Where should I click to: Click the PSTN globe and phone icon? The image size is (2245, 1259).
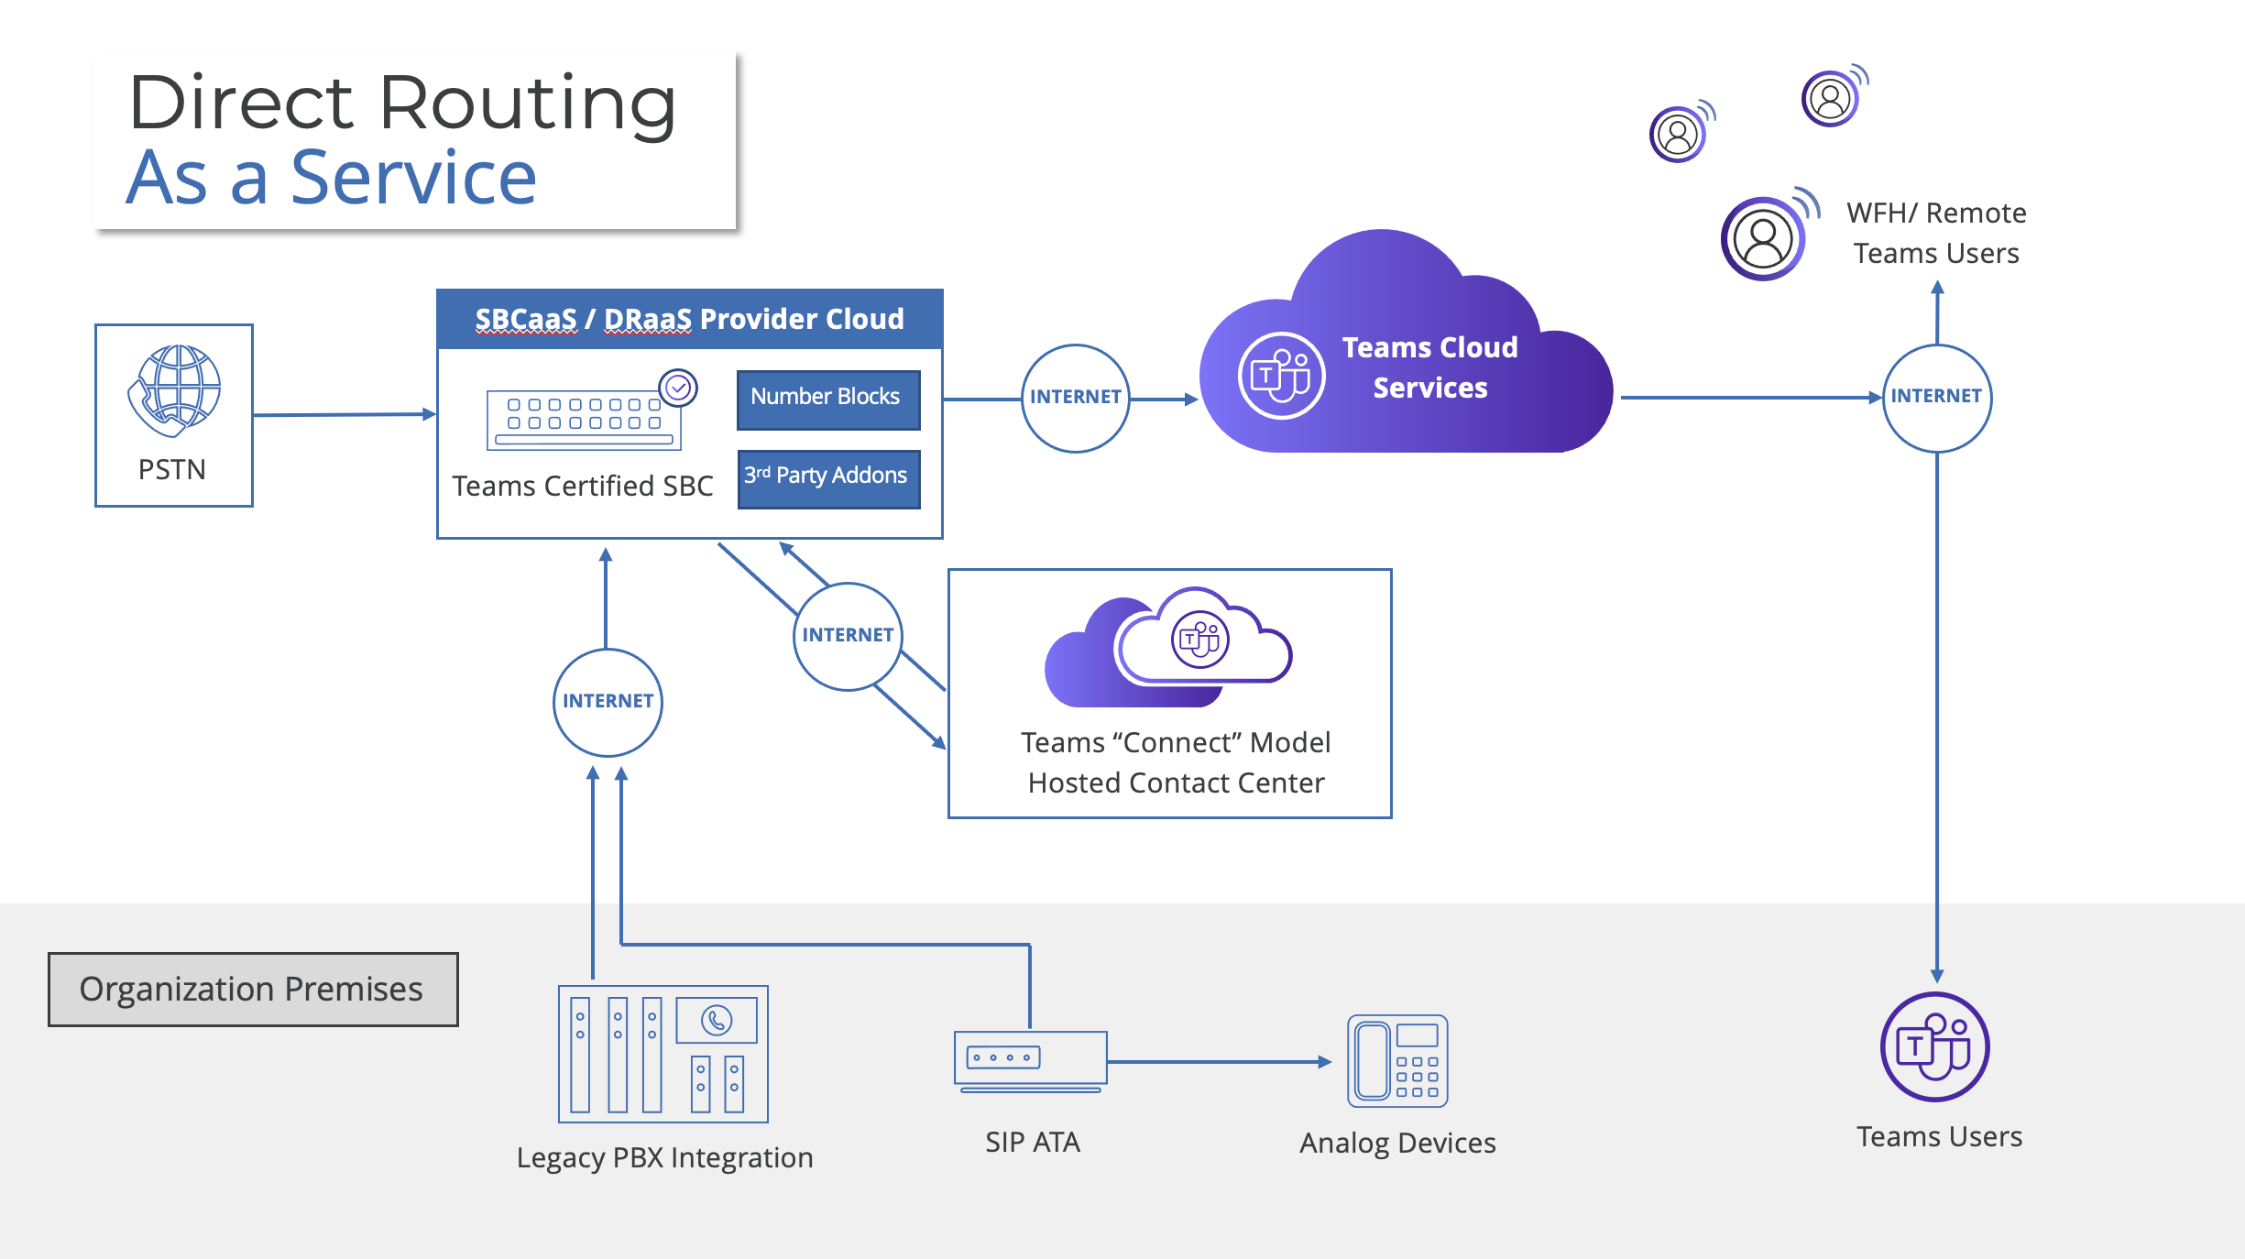tap(174, 390)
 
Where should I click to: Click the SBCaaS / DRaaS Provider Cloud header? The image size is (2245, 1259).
tap(689, 319)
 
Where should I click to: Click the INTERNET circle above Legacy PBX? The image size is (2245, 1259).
tap(608, 702)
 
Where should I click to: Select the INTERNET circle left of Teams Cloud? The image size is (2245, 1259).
tap(1075, 398)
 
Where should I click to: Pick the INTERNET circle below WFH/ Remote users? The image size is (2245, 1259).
tap(1936, 397)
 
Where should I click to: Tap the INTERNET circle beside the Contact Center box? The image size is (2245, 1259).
tap(848, 636)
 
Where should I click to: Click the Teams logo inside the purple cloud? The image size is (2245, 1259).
tap(1280, 376)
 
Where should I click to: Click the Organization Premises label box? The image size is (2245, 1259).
tap(253, 990)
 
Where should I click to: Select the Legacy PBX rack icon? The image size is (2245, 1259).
tap(663, 1054)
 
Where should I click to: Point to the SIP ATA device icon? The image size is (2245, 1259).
tap(1030, 1061)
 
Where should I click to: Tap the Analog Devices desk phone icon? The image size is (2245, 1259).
tap(1397, 1060)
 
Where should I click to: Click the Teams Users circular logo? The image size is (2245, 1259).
tap(1934, 1047)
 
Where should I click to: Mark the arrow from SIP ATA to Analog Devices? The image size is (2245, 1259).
tap(1219, 1062)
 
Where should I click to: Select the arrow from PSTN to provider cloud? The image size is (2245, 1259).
tap(344, 414)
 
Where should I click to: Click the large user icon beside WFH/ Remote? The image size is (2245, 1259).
tap(1763, 238)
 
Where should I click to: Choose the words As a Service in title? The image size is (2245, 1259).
tap(332, 179)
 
